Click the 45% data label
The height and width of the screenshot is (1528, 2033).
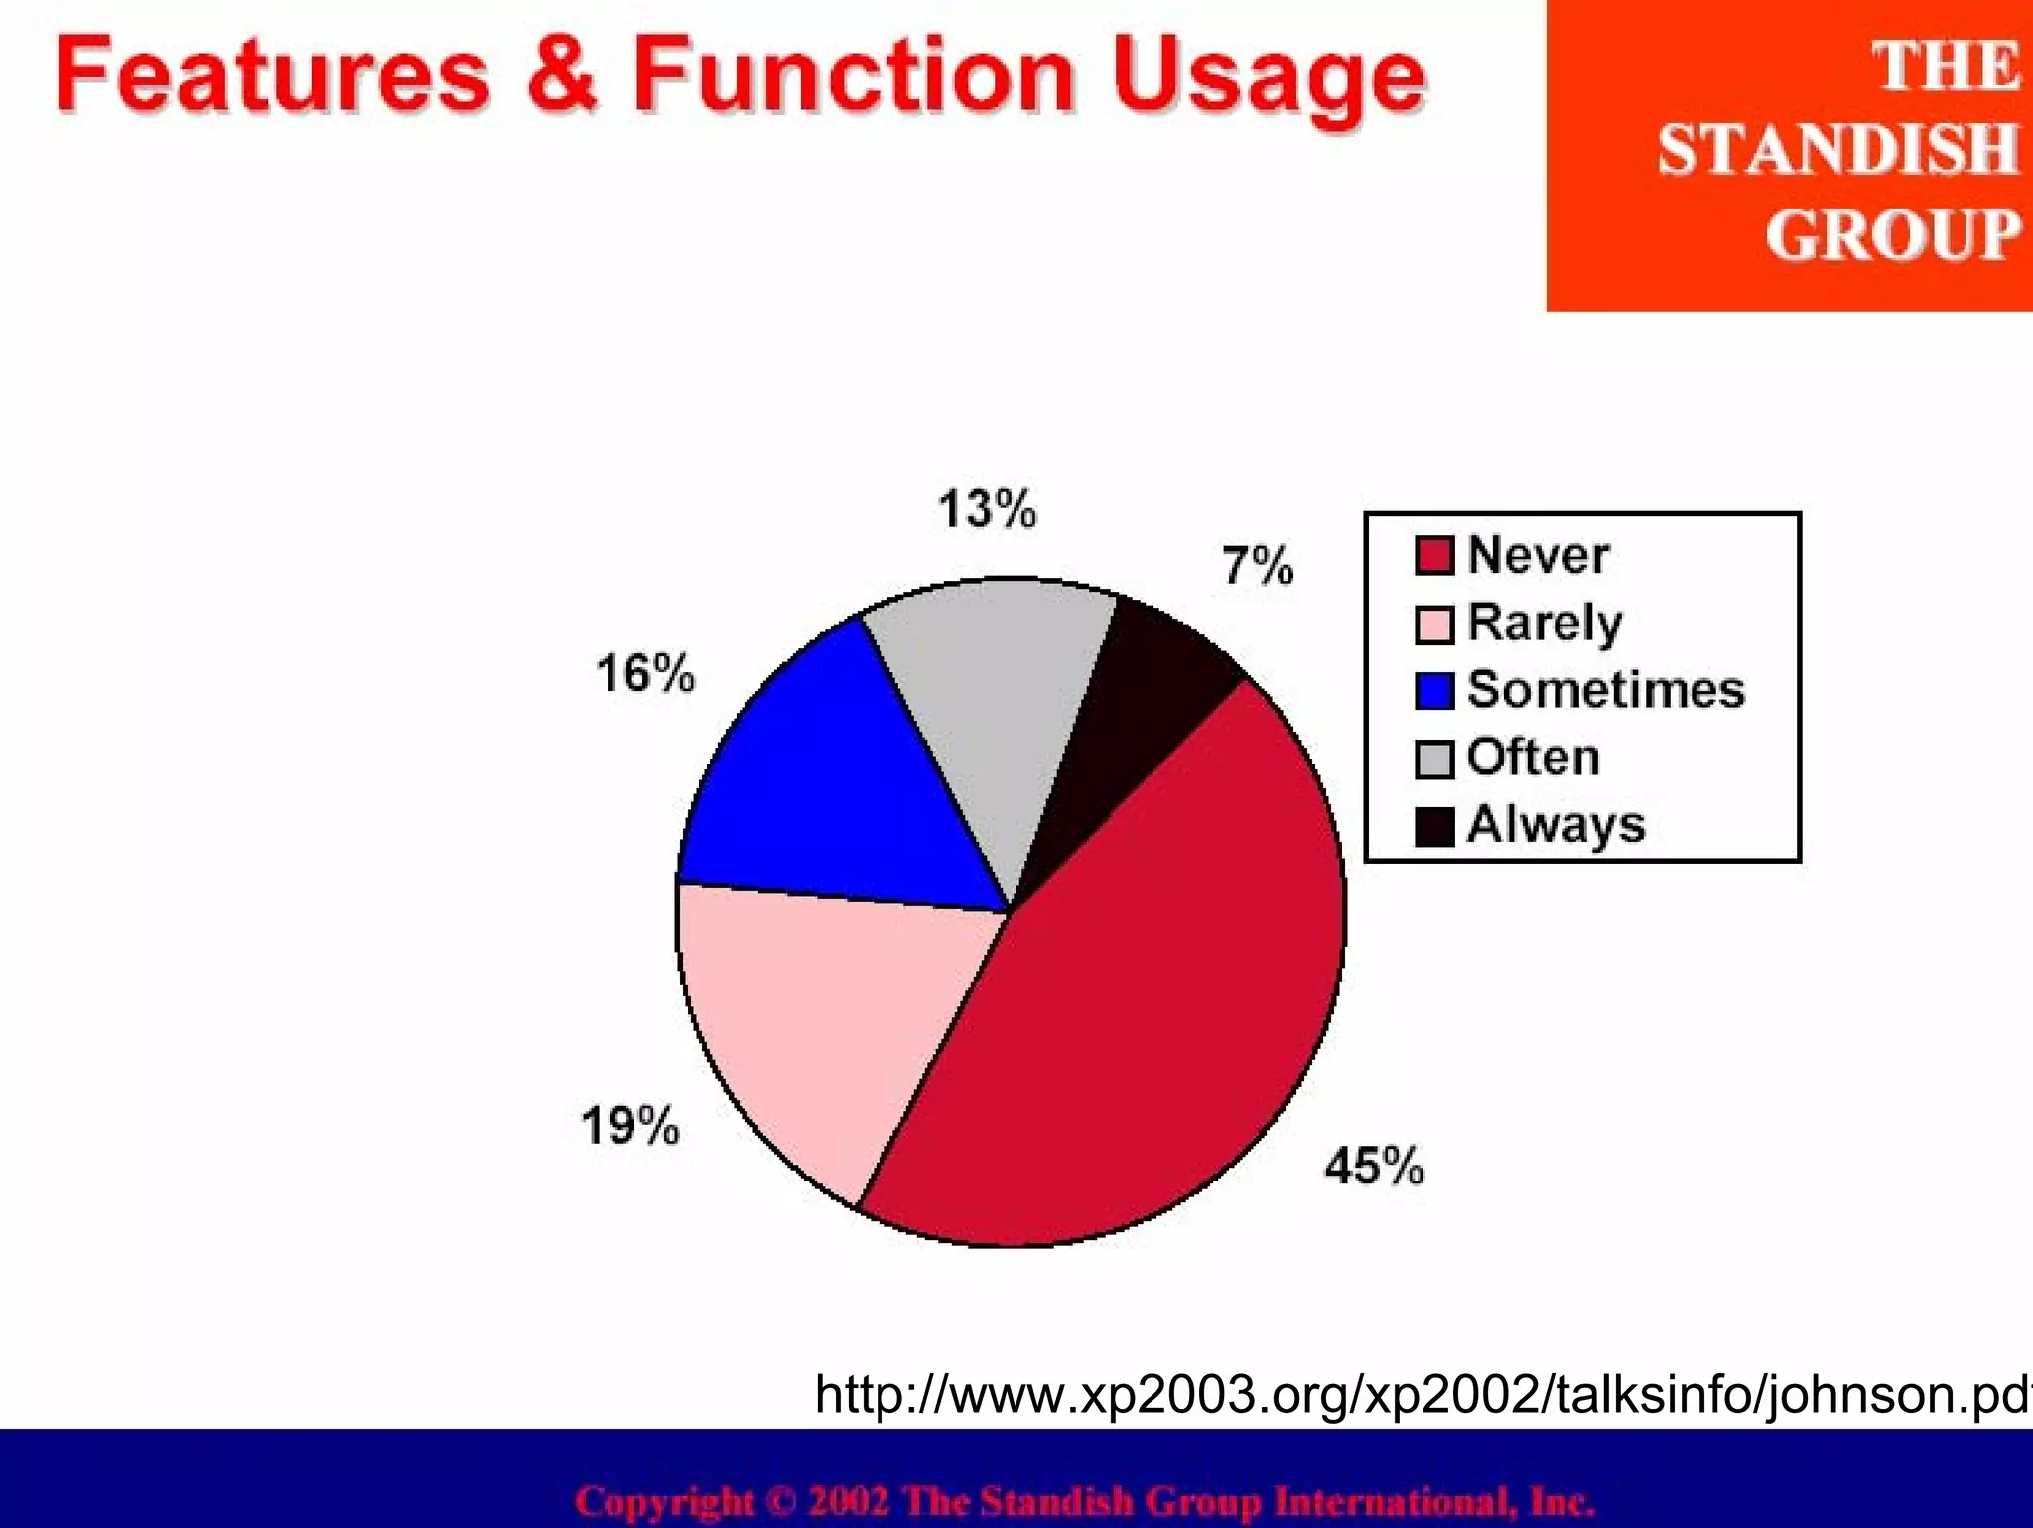click(x=1374, y=1165)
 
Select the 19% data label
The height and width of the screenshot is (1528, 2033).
click(x=630, y=1126)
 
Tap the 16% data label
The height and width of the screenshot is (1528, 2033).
click(x=645, y=673)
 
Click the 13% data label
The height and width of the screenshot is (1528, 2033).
click(x=987, y=509)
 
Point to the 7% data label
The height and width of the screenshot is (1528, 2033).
click(x=1258, y=565)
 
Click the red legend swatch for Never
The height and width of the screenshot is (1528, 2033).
click(x=1433, y=556)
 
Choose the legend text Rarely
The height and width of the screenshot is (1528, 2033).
click(x=1545, y=624)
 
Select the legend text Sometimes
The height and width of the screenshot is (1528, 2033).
click(x=1605, y=690)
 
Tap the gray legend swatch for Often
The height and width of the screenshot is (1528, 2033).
click(x=1433, y=760)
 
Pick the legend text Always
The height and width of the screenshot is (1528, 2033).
click(x=1556, y=825)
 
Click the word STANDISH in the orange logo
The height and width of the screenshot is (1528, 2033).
click(x=1837, y=151)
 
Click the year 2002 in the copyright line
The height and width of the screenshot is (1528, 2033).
click(x=848, y=1500)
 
